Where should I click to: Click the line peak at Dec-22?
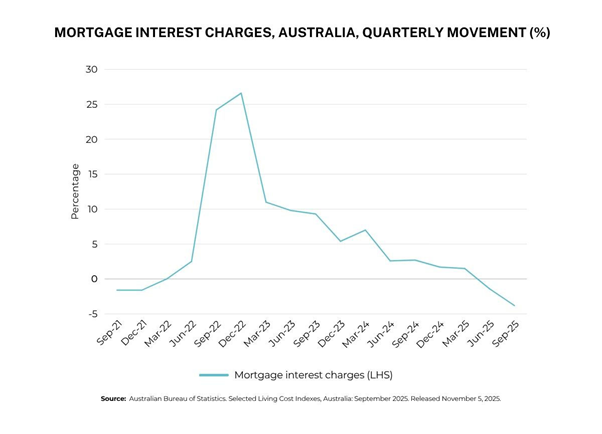click(x=241, y=93)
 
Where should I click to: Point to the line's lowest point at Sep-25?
click(x=515, y=306)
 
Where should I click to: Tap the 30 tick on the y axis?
click(x=91, y=70)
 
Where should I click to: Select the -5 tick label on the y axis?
click(x=90, y=314)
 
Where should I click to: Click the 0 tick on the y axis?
click(x=93, y=279)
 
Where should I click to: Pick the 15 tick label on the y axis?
click(x=91, y=175)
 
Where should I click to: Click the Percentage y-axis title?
click(x=74, y=192)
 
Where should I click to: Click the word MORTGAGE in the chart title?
click(x=97, y=32)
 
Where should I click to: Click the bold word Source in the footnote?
click(x=113, y=399)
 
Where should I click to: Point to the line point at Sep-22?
click(x=216, y=110)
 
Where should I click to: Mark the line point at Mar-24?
click(x=365, y=230)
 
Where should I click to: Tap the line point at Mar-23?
click(x=266, y=202)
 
